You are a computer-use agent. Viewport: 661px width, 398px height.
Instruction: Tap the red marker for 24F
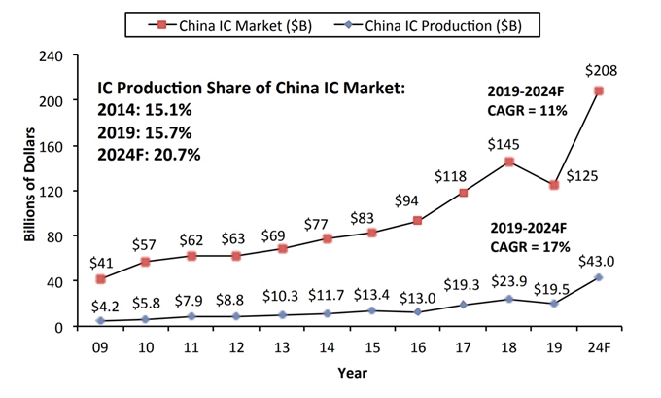(x=599, y=91)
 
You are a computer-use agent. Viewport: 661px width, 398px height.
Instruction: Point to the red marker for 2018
(x=508, y=163)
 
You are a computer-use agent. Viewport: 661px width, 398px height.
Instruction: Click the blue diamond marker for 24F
(x=599, y=277)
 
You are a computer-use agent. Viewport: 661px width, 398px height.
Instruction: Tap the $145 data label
(x=508, y=142)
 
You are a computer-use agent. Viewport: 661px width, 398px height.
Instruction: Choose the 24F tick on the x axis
(x=599, y=344)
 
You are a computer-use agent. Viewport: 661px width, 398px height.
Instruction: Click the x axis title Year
(x=351, y=373)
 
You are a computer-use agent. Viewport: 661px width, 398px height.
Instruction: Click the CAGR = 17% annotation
(x=544, y=246)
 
